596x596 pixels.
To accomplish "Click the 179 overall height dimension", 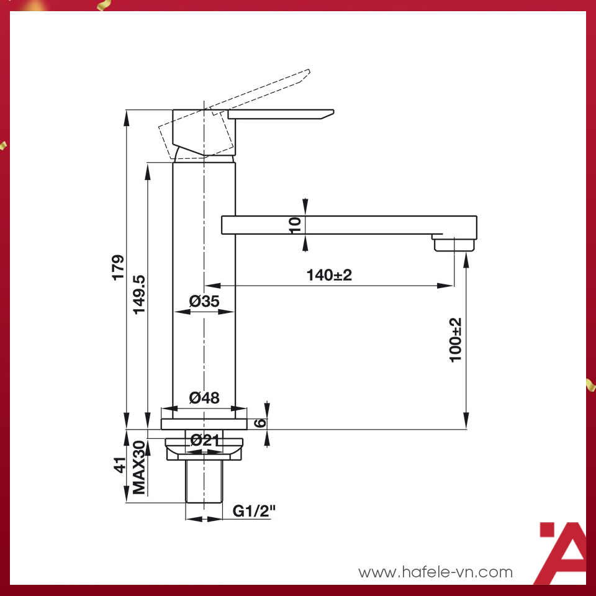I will pos(118,267).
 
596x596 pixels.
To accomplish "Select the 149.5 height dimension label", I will pos(139,294).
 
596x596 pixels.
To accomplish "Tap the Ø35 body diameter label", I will pos(204,302).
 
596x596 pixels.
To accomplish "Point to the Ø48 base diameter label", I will pos(204,398).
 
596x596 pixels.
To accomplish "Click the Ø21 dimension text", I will pos(204,440).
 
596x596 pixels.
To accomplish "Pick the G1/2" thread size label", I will pos(254,511).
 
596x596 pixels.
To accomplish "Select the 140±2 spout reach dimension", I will pos(329,275).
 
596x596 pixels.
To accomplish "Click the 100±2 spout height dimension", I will pos(456,340).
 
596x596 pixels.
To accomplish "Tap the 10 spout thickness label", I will pos(295,225).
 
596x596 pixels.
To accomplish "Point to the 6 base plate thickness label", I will pos(261,423).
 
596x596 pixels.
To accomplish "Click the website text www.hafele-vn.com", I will pos(436,572).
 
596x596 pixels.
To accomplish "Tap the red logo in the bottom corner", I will pos(560,553).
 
